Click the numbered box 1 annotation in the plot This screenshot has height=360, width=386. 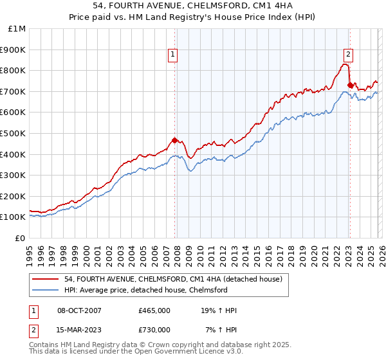tap(174, 55)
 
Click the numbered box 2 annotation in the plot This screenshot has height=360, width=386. tap(348, 55)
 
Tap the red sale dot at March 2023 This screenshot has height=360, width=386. tap(350, 85)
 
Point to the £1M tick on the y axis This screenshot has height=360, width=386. tap(17, 29)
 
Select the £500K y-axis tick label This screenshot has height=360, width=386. tap(14, 133)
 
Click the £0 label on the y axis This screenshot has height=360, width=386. tap(21, 238)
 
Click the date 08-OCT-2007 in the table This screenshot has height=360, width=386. tap(79, 310)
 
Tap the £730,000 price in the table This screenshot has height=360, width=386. tap(154, 329)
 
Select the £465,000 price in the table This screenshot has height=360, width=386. tap(154, 310)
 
